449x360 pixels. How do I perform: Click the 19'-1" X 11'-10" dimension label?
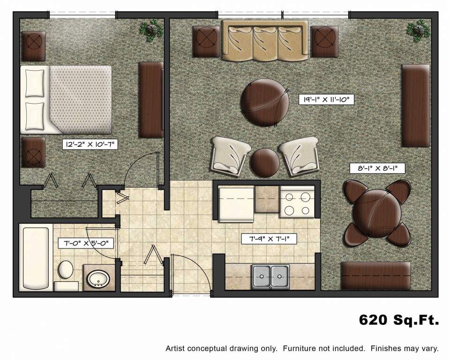(325, 99)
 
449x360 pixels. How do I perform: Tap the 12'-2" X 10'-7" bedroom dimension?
(90, 145)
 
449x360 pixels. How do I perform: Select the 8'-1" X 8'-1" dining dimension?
(377, 167)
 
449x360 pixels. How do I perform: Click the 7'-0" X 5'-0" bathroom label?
(86, 243)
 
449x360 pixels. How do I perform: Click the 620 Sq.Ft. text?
(399, 320)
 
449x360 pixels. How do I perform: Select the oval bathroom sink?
(99, 279)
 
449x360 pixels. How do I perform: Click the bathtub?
(35, 258)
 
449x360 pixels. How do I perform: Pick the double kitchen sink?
(271, 276)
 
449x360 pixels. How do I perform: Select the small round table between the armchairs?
(264, 162)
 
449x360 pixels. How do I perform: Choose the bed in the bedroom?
(66, 99)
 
